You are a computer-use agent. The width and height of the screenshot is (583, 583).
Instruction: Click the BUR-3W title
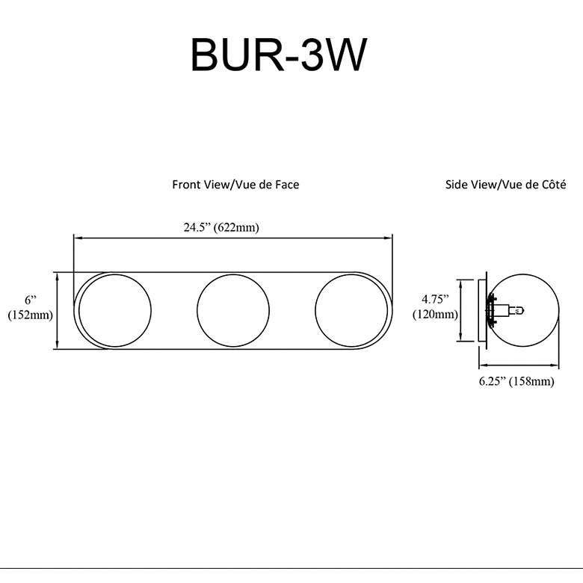[x=279, y=55]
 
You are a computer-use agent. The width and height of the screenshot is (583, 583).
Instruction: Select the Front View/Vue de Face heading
[x=235, y=184]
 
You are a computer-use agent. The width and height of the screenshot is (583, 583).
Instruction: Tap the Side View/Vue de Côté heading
[x=505, y=184]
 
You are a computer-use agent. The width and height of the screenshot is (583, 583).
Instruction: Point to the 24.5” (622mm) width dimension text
[x=221, y=228]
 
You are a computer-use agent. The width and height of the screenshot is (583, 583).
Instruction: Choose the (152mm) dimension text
[x=31, y=315]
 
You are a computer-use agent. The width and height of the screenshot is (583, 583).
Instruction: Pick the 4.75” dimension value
[x=435, y=300]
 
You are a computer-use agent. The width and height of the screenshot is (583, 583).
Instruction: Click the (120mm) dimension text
[x=435, y=315]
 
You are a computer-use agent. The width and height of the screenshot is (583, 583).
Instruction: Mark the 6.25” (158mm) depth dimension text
[x=516, y=381]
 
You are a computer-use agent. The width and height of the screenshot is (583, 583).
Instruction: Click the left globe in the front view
[x=114, y=310]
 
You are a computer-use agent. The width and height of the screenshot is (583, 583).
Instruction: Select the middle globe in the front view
[x=232, y=310]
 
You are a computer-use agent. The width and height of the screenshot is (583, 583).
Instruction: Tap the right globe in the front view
[x=351, y=310]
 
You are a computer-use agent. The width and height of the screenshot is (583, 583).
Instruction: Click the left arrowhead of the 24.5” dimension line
[x=76, y=238]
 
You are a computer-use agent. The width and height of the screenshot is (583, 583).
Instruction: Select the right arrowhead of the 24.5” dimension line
[x=389, y=238]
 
